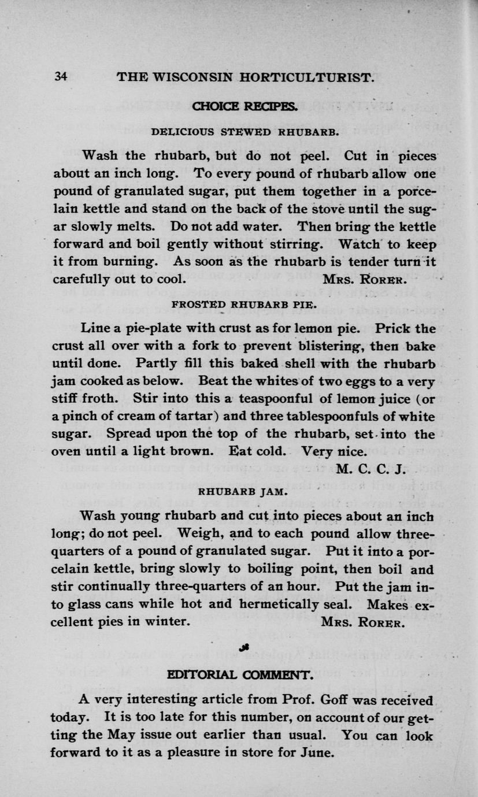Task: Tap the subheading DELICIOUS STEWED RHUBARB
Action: click(244, 132)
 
